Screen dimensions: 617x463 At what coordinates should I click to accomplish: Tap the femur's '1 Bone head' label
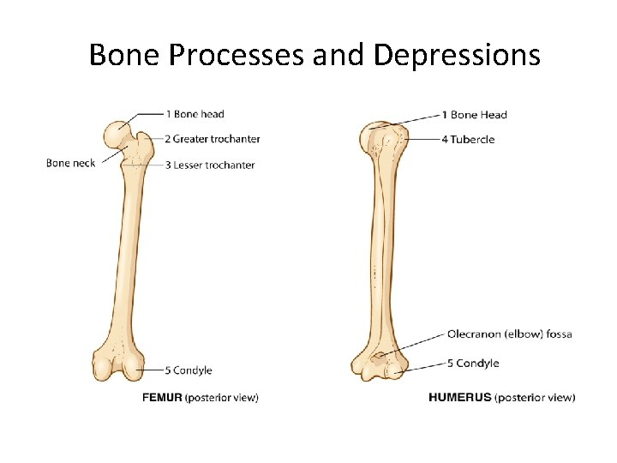[195, 114]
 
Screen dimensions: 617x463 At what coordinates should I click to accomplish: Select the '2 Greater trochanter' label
[213, 139]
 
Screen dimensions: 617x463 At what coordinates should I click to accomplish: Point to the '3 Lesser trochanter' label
[210, 165]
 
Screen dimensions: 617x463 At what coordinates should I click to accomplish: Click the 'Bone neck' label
[70, 163]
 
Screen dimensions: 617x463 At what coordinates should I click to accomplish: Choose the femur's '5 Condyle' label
[189, 370]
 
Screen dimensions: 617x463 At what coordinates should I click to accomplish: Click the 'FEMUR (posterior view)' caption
[201, 398]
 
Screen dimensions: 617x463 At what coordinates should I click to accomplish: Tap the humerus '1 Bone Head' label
[475, 115]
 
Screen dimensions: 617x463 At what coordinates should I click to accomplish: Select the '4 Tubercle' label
[468, 140]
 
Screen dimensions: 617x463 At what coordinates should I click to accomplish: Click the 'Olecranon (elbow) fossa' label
[510, 334]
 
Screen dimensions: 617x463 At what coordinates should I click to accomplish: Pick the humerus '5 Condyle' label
[473, 364]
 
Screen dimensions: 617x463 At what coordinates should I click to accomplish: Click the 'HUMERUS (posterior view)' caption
[502, 398]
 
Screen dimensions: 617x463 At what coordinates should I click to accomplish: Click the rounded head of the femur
[116, 134]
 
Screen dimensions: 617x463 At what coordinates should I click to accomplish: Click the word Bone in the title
[125, 56]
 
